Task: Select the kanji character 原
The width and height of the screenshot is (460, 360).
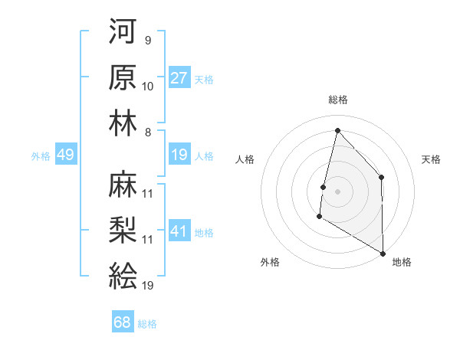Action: (x=123, y=77)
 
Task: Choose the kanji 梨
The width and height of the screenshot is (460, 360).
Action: (x=123, y=230)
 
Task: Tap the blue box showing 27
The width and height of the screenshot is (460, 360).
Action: (x=179, y=78)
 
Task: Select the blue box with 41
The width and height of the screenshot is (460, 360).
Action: (x=179, y=231)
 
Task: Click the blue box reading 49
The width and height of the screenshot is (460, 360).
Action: (x=65, y=155)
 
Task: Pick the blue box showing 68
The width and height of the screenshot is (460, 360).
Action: (x=123, y=322)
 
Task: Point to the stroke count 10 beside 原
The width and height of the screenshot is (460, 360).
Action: (x=148, y=87)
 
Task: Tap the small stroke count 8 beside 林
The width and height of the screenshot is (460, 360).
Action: (x=147, y=132)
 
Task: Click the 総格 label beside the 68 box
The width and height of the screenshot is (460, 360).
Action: (x=147, y=323)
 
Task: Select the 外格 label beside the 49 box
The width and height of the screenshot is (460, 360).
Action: (x=41, y=155)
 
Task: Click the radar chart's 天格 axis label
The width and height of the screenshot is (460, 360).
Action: (x=431, y=159)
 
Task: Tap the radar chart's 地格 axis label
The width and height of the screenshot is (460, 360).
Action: (x=402, y=262)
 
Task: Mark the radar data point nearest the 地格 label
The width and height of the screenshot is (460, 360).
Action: (x=382, y=253)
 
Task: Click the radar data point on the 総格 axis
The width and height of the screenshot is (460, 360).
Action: (x=337, y=130)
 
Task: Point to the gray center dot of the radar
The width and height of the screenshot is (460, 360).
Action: (x=337, y=191)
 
